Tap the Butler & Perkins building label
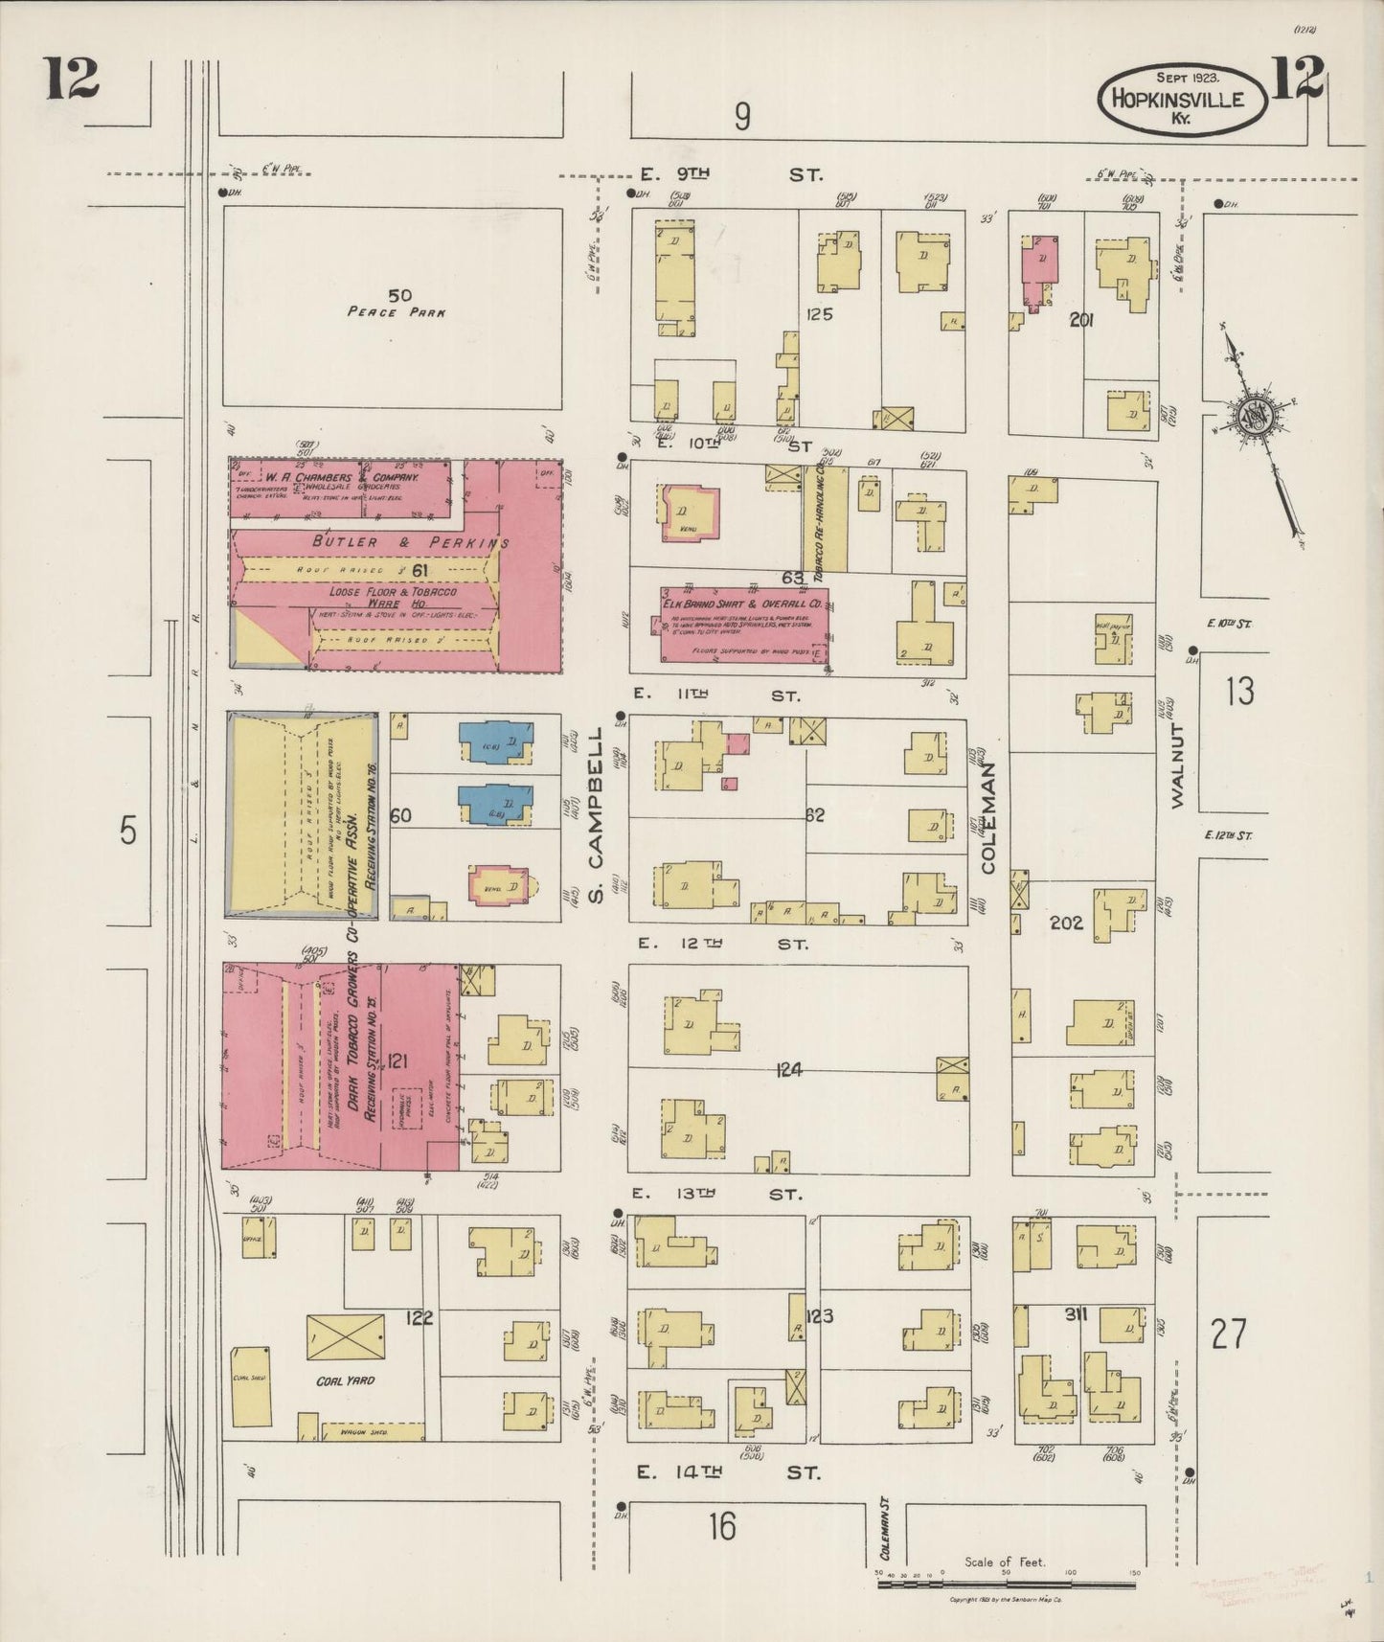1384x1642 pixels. coord(411,542)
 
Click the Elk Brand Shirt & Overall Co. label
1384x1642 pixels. coord(742,604)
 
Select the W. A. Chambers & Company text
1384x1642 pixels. coord(342,476)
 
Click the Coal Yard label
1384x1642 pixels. coord(345,1380)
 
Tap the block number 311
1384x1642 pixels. coord(1076,1314)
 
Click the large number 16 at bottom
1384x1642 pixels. coord(722,1526)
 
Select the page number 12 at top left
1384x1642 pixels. coord(71,79)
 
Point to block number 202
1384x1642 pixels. coord(1065,923)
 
